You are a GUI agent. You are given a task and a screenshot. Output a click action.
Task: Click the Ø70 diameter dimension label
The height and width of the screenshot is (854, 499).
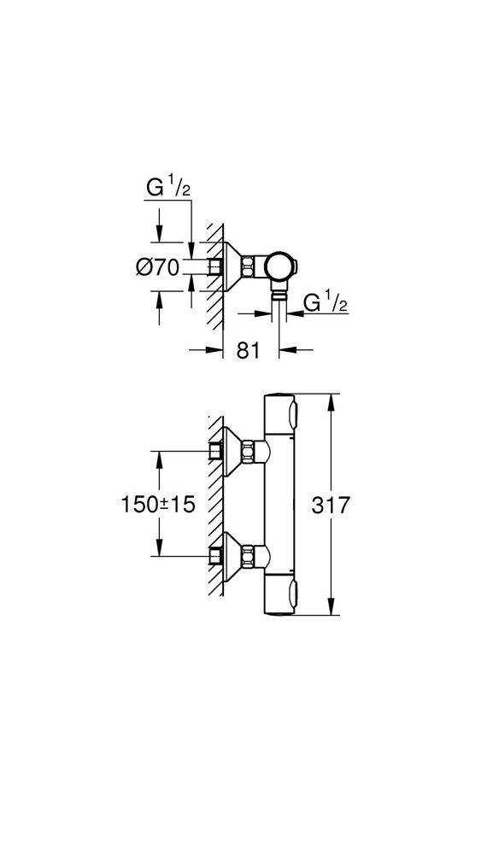[x=157, y=267]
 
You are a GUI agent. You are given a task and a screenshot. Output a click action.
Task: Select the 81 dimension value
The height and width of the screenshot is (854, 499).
[x=248, y=351]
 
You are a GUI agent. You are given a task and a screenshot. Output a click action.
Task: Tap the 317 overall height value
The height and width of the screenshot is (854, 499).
[x=330, y=506]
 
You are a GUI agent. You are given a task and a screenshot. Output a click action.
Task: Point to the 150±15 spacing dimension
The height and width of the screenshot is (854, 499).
[x=157, y=505]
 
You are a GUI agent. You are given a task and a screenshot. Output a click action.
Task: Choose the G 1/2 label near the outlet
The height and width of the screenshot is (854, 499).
[x=326, y=302]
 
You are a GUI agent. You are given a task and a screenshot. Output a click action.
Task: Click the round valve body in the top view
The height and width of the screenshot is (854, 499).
[x=280, y=266]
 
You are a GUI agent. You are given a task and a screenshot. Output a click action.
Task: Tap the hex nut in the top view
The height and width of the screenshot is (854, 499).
[x=250, y=266]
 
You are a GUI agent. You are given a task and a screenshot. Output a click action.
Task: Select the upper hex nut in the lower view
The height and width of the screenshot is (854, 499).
[x=250, y=450]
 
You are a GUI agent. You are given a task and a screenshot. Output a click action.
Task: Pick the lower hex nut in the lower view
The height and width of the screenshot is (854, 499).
[x=250, y=556]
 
